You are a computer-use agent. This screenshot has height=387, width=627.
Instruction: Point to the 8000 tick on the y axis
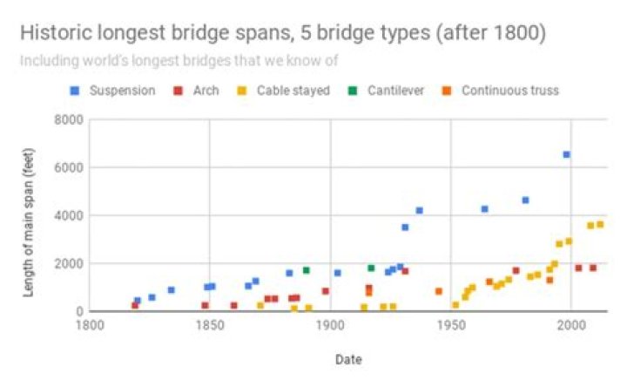point(65,119)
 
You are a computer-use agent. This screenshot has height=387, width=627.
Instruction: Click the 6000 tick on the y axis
point(65,167)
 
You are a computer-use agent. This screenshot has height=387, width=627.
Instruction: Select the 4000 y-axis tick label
point(65,215)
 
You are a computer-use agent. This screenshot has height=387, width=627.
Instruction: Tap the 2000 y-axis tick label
point(65,263)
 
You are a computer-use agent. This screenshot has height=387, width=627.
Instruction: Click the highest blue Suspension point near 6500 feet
point(566,154)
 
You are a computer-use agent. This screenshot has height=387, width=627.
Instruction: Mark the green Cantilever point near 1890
point(306,270)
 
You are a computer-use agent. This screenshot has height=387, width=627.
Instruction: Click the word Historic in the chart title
point(55,35)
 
